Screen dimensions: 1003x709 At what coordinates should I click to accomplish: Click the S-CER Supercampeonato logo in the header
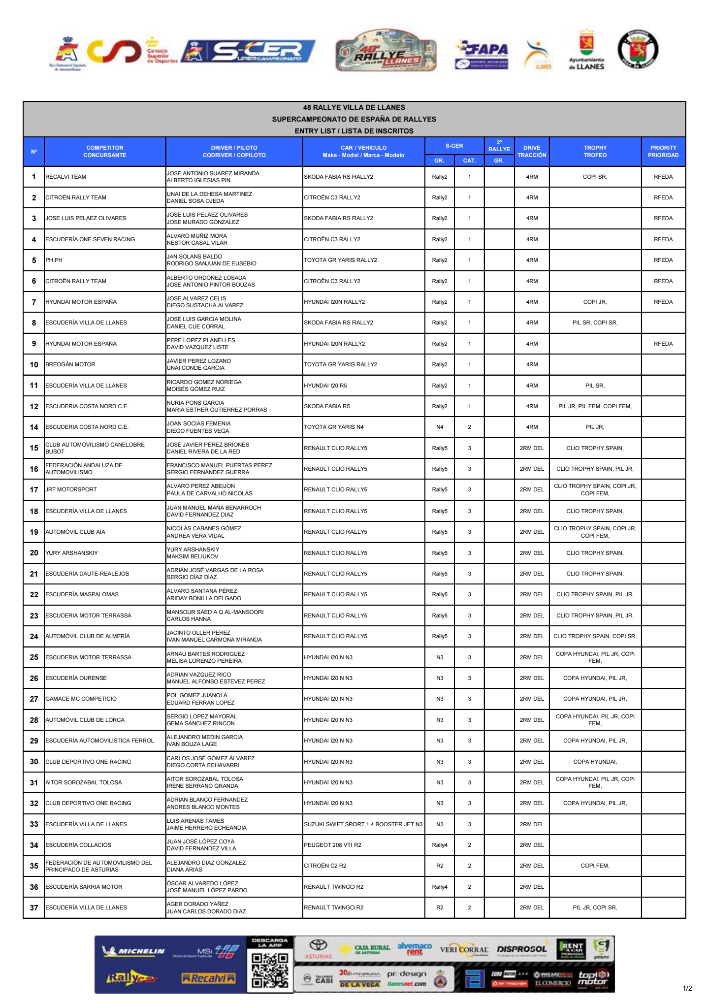tap(249, 52)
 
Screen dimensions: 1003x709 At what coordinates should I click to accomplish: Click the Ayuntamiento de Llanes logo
tap(586, 52)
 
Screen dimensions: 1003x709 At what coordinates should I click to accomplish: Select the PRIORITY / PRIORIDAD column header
tap(663, 151)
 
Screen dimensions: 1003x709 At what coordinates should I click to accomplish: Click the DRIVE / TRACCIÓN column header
tap(531, 151)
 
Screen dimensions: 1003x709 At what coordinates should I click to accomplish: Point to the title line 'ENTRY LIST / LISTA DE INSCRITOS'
tap(354, 131)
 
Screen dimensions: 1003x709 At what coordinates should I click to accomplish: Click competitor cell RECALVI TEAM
tap(65, 177)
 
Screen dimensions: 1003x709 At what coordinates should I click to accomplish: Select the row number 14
tap(34, 427)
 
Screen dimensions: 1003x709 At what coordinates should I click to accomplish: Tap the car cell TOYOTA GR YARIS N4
tap(333, 427)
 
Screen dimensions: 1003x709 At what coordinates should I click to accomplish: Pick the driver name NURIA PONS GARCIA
tap(195, 403)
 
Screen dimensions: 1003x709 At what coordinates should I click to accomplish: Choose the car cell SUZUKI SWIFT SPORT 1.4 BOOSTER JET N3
tap(363, 824)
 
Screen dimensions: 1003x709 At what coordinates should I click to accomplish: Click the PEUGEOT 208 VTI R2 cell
tap(332, 845)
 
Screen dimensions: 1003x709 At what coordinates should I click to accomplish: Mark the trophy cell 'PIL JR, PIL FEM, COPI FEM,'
tap(595, 406)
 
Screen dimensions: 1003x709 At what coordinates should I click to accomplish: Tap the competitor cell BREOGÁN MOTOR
tap(70, 364)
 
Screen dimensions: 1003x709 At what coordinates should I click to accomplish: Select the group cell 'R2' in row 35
tap(439, 866)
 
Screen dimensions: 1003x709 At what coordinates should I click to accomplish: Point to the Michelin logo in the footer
tap(133, 951)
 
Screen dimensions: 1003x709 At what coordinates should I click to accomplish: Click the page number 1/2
tap(687, 988)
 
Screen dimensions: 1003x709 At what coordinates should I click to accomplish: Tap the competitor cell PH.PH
tap(54, 260)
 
